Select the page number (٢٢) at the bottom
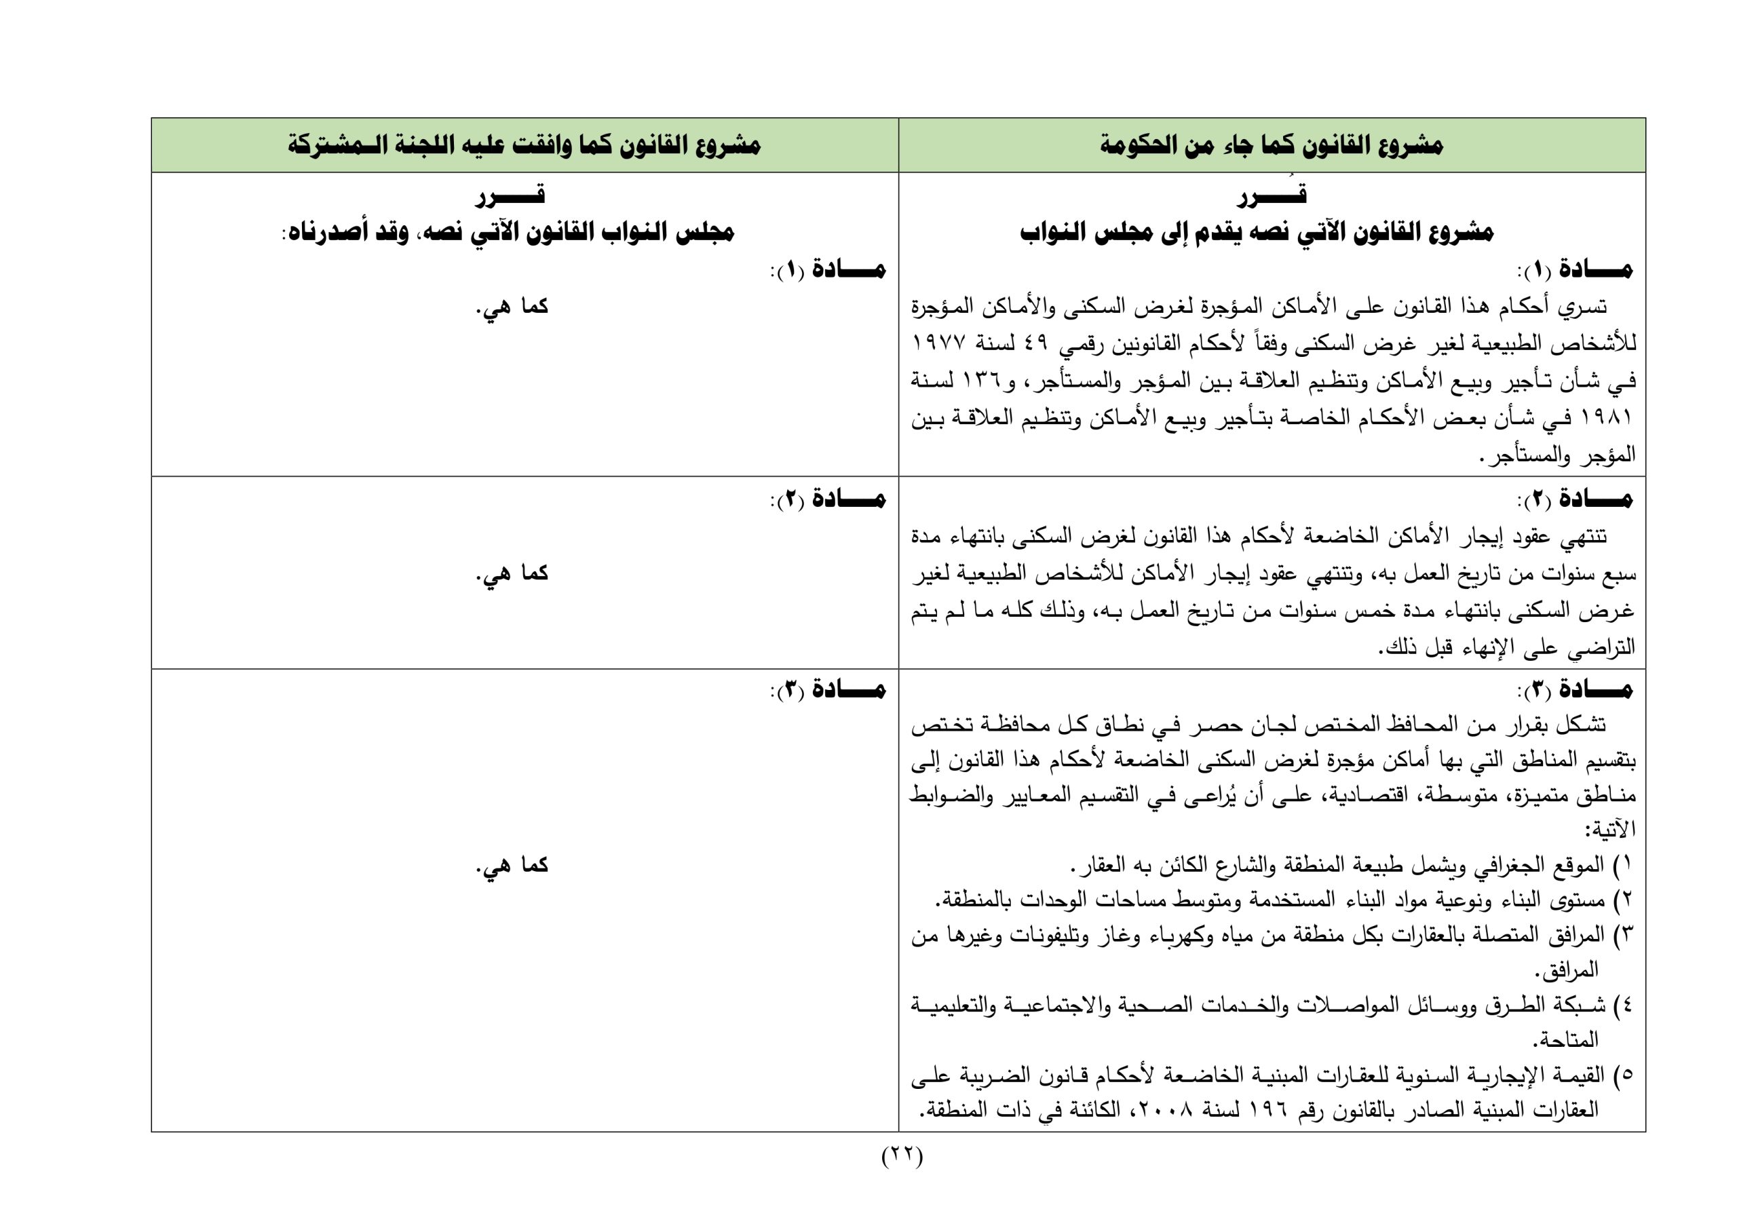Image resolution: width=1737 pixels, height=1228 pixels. [902, 1178]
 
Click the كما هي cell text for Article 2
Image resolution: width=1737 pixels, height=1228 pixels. [512, 573]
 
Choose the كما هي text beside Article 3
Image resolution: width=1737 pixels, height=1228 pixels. [512, 865]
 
